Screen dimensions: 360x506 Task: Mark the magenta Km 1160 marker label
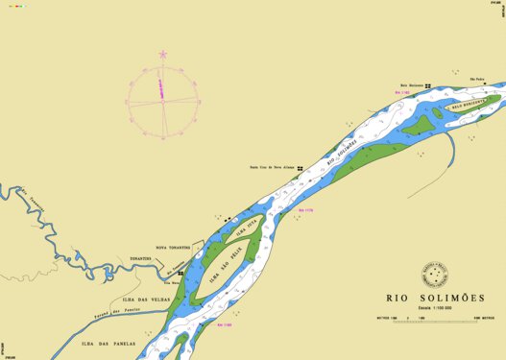226,326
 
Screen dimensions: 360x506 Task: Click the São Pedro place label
478,80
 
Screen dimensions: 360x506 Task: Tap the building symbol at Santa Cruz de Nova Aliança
301,168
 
